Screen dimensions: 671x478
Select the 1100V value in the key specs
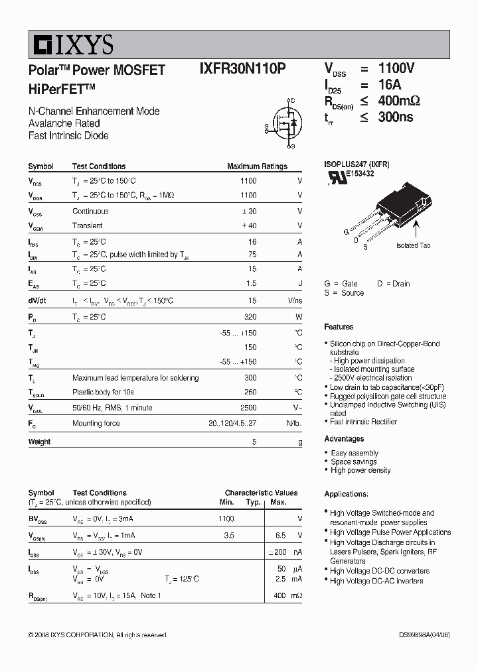[x=396, y=69]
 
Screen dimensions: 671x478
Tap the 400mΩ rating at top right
[x=399, y=101]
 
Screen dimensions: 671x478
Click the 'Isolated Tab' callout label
[x=413, y=245]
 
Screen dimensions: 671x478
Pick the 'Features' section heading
[x=339, y=327]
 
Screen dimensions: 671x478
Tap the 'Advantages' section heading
[x=344, y=439]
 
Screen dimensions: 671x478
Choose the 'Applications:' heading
[x=346, y=494]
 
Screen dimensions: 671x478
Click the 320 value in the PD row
[x=250, y=317]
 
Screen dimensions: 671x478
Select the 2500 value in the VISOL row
[x=248, y=408]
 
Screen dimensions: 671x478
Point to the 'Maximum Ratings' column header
[x=257, y=166]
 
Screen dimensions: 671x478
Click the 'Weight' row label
[x=39, y=442]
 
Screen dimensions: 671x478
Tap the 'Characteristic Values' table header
[x=261, y=493]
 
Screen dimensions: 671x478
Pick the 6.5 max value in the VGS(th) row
[x=280, y=535]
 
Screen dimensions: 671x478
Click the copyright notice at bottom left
[x=97, y=635]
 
